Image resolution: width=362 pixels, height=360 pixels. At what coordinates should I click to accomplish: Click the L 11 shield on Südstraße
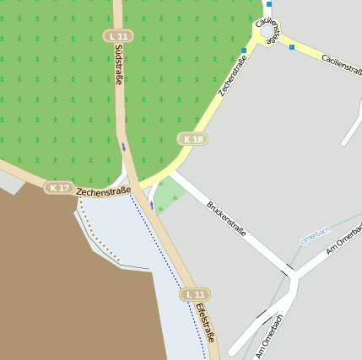(x=119, y=36)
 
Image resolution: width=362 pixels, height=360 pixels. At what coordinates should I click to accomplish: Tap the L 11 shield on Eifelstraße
(x=195, y=294)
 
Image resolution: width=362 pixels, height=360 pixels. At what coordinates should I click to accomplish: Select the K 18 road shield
(x=192, y=139)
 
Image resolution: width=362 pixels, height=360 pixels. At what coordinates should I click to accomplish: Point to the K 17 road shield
(x=59, y=188)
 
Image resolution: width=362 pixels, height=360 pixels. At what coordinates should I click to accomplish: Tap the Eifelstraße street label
(x=206, y=324)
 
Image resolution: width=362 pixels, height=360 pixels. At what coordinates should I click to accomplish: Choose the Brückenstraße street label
(x=226, y=218)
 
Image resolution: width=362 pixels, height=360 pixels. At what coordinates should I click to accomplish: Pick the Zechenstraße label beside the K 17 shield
(x=103, y=191)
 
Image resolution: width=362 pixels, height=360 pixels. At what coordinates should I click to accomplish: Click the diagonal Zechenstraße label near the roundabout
(x=235, y=74)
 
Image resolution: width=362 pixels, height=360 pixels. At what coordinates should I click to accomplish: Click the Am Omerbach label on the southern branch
(x=269, y=336)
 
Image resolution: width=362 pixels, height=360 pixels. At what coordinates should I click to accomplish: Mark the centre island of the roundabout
(x=268, y=32)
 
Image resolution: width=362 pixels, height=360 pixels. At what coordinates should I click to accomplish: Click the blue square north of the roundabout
(x=269, y=4)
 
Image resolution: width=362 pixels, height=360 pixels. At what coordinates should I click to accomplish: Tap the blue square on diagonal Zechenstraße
(x=244, y=51)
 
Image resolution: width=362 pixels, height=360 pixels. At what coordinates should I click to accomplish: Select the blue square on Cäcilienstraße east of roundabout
(x=292, y=47)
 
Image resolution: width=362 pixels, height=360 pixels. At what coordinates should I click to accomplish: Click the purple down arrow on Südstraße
(x=124, y=148)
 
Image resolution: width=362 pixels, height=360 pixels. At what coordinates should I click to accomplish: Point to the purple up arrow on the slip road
(x=152, y=205)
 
